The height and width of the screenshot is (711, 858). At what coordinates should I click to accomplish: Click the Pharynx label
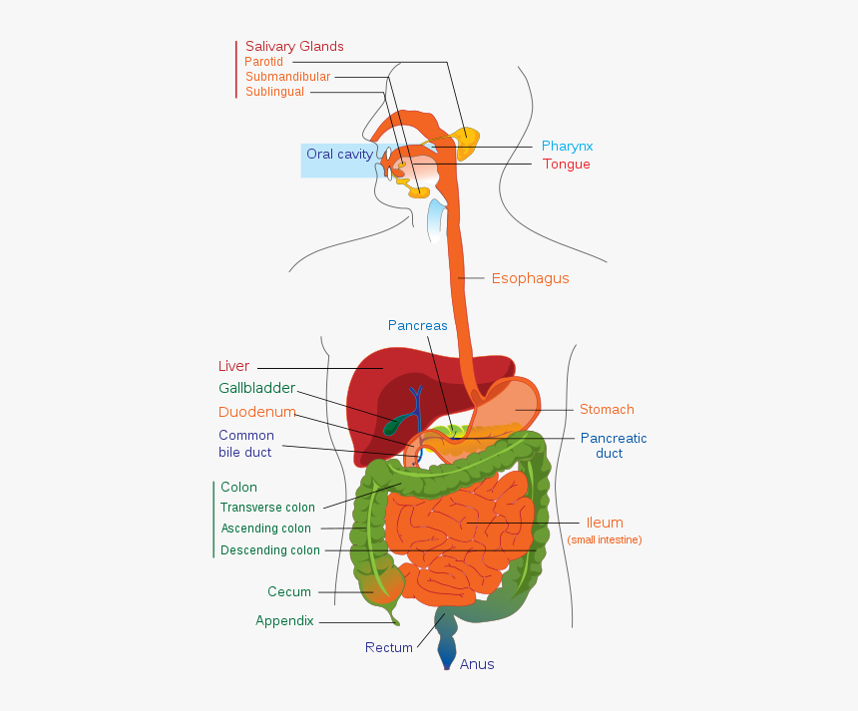coord(567,147)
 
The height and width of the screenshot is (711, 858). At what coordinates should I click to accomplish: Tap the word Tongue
coord(566,165)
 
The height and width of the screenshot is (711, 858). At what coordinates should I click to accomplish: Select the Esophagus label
coord(530,278)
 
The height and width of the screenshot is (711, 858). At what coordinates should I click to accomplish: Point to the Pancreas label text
coord(417,325)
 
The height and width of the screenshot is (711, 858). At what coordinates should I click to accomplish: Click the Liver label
coord(233,366)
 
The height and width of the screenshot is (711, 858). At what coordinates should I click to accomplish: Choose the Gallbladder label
coord(256,388)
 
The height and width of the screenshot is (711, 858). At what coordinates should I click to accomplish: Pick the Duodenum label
coord(256,412)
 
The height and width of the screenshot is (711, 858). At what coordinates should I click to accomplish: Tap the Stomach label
coord(607,410)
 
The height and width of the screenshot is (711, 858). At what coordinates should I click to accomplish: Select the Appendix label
coord(284,620)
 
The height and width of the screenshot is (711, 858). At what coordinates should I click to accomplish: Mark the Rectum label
coord(388,647)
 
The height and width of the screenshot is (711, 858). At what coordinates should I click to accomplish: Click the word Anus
coord(476,664)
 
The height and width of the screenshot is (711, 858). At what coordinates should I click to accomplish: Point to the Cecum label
coord(289,592)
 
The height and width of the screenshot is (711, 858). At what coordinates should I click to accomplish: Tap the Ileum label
coord(605,523)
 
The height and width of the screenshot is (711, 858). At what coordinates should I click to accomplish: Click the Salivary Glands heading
coord(294,47)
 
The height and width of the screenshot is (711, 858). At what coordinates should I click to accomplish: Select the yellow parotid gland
coord(466,142)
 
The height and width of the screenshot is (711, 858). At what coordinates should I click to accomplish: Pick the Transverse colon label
coord(267,508)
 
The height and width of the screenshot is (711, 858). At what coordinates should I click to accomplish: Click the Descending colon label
coord(270,550)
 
